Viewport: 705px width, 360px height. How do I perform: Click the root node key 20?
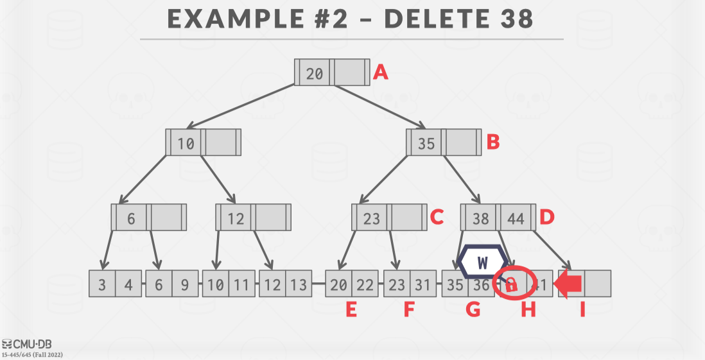[315, 73]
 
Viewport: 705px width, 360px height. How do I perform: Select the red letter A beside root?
[381, 73]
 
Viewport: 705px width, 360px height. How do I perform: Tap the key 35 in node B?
[426, 143]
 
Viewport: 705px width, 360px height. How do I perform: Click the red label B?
[492, 142]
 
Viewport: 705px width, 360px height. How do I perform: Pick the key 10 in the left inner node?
[186, 143]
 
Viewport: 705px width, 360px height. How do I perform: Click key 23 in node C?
[372, 218]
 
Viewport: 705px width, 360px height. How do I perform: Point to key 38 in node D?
[480, 218]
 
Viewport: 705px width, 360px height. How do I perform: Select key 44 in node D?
[516, 218]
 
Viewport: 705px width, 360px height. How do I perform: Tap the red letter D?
[546, 217]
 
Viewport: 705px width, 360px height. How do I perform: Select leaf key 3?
[103, 284]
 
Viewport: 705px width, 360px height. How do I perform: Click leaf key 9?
[185, 284]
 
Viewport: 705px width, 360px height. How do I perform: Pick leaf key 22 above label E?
[365, 284]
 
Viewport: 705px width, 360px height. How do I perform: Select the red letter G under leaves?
[473, 311]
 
